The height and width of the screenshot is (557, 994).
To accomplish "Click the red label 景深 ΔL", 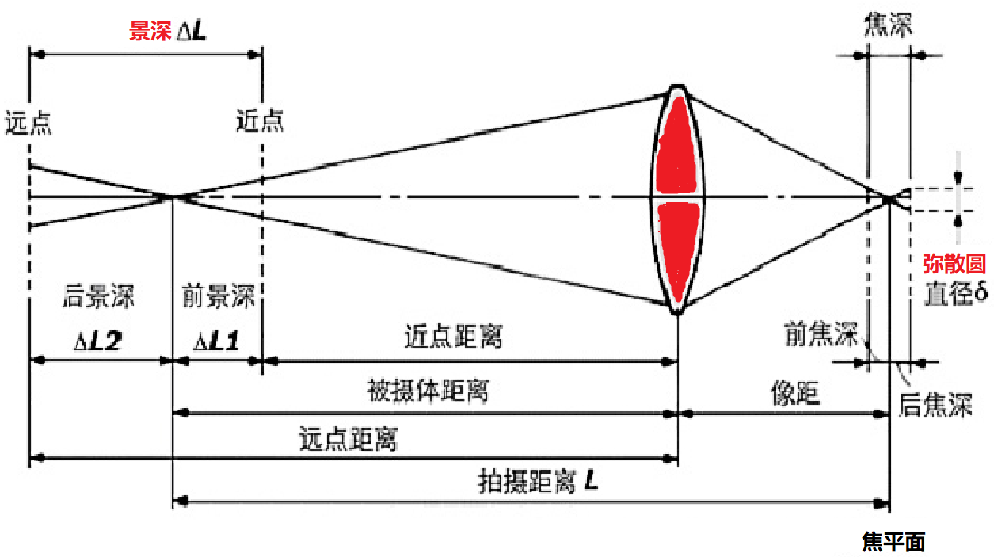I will (168, 32).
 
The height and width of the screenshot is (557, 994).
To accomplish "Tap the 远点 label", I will (29, 122).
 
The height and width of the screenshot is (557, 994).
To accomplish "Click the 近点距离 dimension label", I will (453, 338).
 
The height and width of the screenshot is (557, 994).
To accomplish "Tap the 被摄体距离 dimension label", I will (428, 391).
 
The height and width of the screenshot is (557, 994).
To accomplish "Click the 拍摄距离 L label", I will (538, 481).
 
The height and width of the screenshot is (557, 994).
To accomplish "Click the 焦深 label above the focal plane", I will (887, 26).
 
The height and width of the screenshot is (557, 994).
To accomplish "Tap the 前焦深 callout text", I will (821, 335).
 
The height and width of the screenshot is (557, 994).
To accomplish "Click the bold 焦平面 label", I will (893, 542).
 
